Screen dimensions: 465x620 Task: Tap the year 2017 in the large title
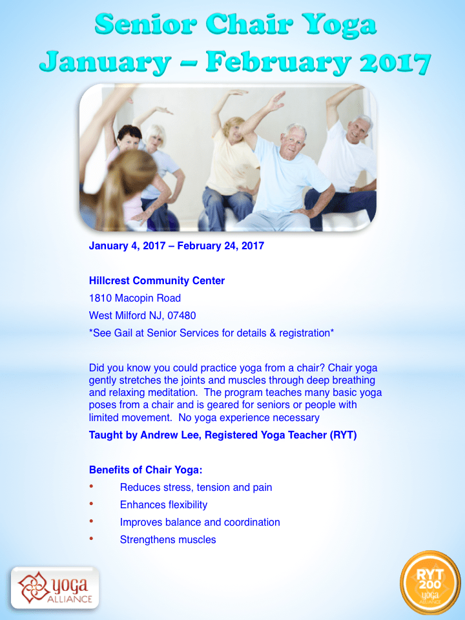coord(395,63)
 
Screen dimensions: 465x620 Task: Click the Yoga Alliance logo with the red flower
coord(55,588)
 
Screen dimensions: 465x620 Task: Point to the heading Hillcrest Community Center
coord(156,281)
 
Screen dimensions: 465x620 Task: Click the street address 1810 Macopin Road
coord(135,298)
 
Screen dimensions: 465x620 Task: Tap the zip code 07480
coord(181,316)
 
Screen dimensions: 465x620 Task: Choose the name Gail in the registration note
coord(123,333)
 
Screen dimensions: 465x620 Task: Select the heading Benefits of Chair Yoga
coord(145,470)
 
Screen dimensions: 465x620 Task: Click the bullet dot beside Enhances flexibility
coord(91,504)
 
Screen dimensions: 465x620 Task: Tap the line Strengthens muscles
coord(168,540)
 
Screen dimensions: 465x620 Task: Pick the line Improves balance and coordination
coord(200,522)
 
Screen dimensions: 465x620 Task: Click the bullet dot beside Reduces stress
coord(91,486)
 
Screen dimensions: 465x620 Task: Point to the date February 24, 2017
coord(221,246)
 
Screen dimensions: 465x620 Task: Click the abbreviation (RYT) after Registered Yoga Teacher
coord(343,435)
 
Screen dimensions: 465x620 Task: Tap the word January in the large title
coord(105,63)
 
